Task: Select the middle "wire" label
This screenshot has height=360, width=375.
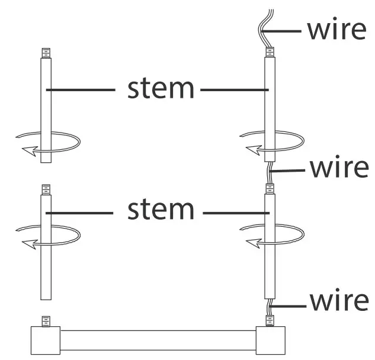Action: [339, 168]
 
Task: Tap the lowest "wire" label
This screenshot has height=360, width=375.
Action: [339, 301]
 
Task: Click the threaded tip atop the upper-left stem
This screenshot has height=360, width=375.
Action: [46, 53]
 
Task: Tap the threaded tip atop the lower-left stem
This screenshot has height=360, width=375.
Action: [46, 189]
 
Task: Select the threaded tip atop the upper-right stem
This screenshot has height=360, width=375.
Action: [269, 53]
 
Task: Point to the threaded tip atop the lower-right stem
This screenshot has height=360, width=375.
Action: [270, 189]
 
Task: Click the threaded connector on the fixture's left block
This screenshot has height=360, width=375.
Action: [46, 321]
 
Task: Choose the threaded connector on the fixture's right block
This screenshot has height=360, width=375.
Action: [270, 322]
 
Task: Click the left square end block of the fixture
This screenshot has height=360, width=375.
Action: [45, 340]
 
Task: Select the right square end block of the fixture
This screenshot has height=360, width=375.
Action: [270, 340]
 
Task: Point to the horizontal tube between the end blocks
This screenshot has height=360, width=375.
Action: [157, 340]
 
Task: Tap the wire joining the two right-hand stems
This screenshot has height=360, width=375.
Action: [270, 173]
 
